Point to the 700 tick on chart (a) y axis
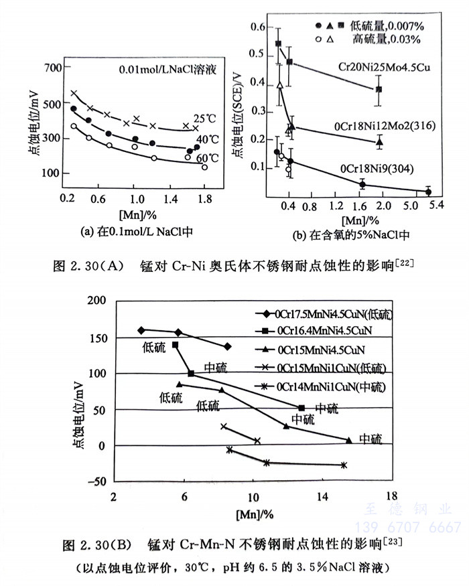click(x=52, y=68)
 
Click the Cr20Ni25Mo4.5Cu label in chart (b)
click(x=383, y=68)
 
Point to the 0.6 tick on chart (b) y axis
click(x=259, y=27)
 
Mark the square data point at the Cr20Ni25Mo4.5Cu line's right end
click(x=379, y=89)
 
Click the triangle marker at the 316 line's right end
click(x=380, y=141)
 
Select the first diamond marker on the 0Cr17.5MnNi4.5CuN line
click(x=141, y=330)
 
